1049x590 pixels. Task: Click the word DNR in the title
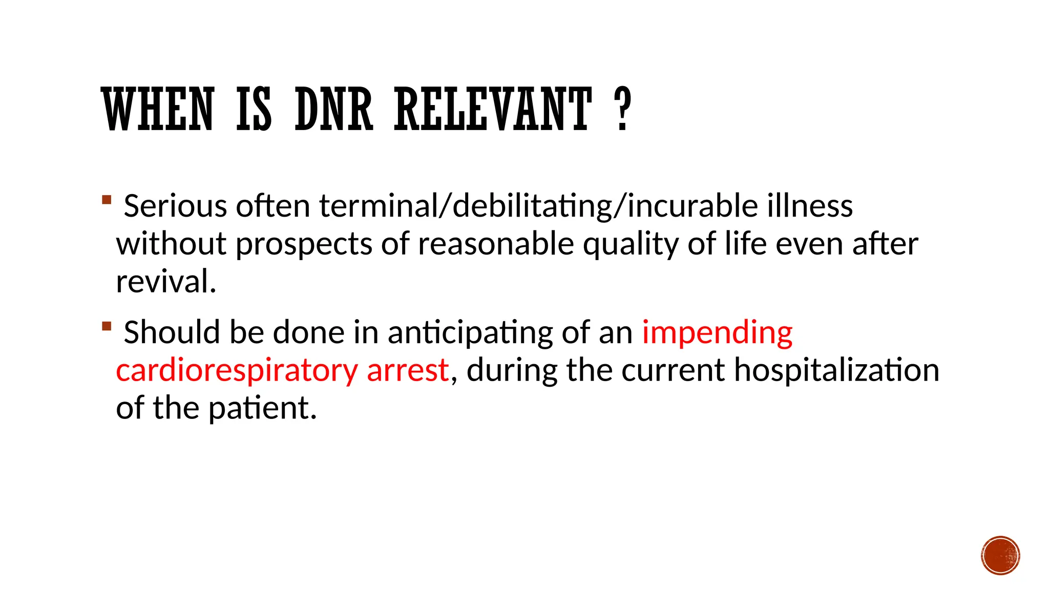(333, 109)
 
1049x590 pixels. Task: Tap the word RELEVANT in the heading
(493, 109)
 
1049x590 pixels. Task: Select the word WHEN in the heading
(158, 109)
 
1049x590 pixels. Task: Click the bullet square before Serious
(107, 199)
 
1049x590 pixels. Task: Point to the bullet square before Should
(107, 326)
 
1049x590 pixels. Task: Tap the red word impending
(717, 333)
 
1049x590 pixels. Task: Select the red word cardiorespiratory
(237, 371)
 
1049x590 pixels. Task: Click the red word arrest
(408, 370)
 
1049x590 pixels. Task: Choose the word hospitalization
(836, 370)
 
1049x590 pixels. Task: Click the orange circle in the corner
(1000, 556)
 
